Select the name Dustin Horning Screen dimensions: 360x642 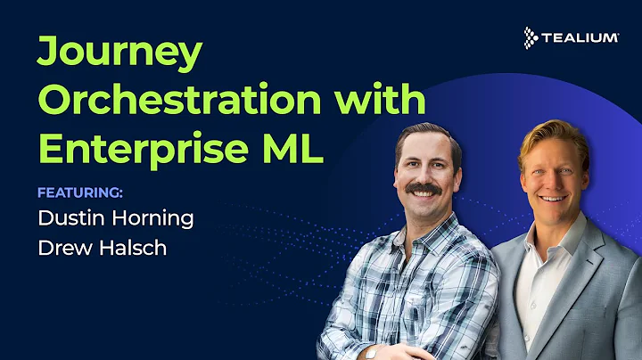click(x=115, y=218)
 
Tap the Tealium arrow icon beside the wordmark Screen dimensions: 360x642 click(x=532, y=37)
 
